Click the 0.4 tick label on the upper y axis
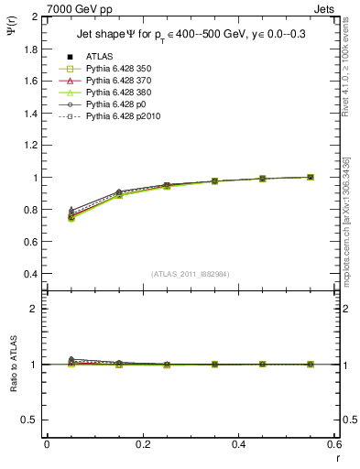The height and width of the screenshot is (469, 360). click(30, 274)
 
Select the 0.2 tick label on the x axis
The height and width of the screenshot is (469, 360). click(142, 444)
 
